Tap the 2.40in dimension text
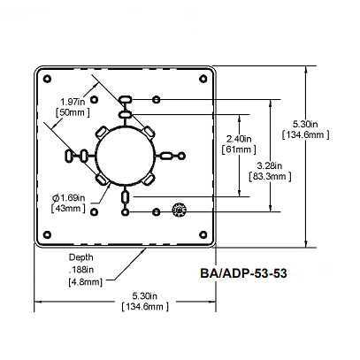pyautogui.click(x=240, y=139)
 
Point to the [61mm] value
pyautogui.click(x=240, y=151)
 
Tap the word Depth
pyautogui.click(x=82, y=257)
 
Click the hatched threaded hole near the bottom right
pyautogui.click(x=180, y=210)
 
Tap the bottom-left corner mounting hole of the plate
pyautogui.click(x=43, y=237)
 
